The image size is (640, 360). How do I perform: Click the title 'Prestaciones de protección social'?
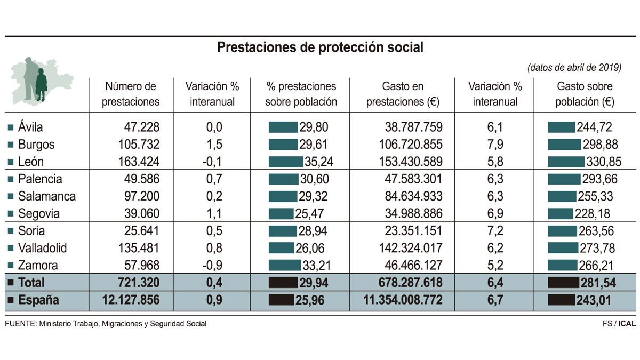pyautogui.click(x=320, y=47)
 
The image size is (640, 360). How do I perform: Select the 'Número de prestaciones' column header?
pyautogui.click(x=131, y=94)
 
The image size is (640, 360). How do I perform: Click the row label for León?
pyautogui.click(x=31, y=162)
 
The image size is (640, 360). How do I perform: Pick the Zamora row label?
pyautogui.click(x=38, y=266)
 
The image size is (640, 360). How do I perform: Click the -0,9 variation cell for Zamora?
pyautogui.click(x=213, y=266)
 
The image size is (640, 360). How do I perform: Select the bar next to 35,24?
pyautogui.click(x=285, y=162)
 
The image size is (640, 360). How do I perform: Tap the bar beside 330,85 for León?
pyautogui.click(x=566, y=162)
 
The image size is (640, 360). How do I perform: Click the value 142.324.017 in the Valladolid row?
pyautogui.click(x=406, y=248)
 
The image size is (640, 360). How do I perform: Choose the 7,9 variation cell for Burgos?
pyautogui.click(x=495, y=145)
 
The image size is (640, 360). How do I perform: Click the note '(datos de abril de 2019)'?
pyautogui.click(x=574, y=68)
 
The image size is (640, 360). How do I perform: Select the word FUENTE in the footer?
pyautogui.click(x=20, y=324)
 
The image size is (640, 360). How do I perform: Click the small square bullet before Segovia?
pyautogui.click(x=11, y=214)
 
